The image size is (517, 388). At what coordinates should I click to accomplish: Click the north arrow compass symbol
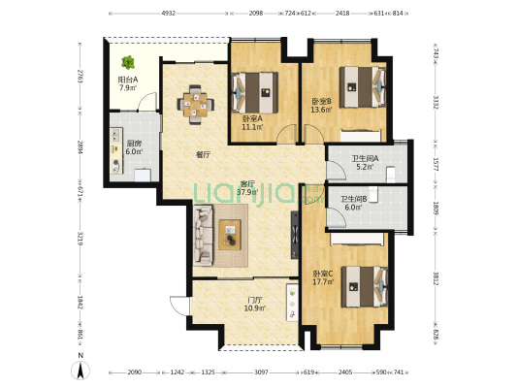pyautogui.click(x=81, y=370)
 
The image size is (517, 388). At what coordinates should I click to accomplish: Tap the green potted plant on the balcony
pyautogui.click(x=128, y=62)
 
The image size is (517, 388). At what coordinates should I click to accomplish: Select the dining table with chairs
pyautogui.click(x=195, y=105)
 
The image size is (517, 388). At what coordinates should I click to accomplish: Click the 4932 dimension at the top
pyautogui.click(x=169, y=14)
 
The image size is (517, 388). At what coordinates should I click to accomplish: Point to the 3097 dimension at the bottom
pyautogui.click(x=261, y=372)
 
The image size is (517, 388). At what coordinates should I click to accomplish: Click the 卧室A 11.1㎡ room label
pyautogui.click(x=252, y=122)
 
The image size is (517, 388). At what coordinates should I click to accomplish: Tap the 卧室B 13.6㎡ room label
pyautogui.click(x=321, y=106)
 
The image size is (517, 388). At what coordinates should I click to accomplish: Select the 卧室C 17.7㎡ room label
pyautogui.click(x=323, y=277)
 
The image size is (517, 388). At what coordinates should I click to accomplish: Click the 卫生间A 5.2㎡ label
pyautogui.click(x=365, y=163)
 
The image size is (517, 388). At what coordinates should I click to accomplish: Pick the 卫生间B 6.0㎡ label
pyautogui.click(x=353, y=203)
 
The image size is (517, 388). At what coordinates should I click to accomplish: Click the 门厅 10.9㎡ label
pyautogui.click(x=255, y=305)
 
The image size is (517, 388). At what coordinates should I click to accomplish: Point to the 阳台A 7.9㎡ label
pyautogui.click(x=128, y=83)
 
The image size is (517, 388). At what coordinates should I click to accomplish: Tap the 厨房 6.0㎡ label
pyautogui.click(x=134, y=147)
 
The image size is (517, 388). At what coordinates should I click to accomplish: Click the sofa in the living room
pyautogui.click(x=203, y=236)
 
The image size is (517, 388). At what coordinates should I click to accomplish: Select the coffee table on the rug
pyautogui.click(x=230, y=235)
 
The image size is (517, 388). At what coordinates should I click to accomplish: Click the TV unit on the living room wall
pyautogui.click(x=295, y=235)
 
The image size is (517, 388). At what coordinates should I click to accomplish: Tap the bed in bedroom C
pyautogui.click(x=364, y=287)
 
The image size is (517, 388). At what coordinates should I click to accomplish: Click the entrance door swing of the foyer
pyautogui.click(x=180, y=306)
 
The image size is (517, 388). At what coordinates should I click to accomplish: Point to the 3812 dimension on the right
pyautogui.click(x=436, y=279)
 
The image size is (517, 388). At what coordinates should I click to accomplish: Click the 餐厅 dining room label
pyautogui.click(x=203, y=154)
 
